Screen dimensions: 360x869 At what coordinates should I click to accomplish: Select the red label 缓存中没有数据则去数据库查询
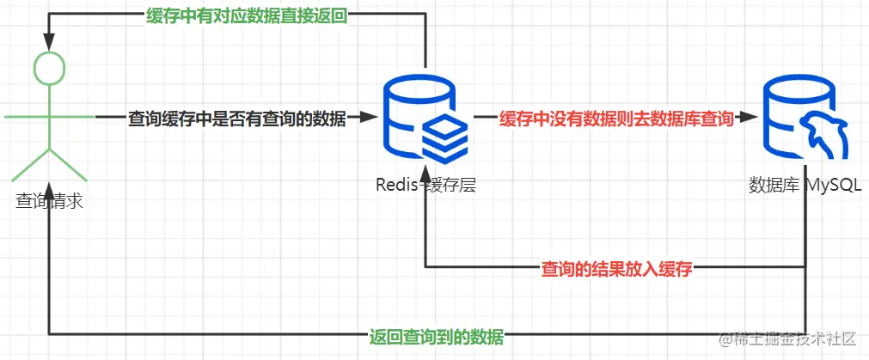pos(615,119)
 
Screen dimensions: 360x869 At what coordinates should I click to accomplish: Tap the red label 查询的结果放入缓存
pos(616,268)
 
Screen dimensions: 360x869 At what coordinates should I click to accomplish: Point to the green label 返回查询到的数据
pos(436,335)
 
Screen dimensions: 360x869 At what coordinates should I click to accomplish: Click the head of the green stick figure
pos(49,65)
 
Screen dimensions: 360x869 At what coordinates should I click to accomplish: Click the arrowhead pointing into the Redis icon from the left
pos(370,119)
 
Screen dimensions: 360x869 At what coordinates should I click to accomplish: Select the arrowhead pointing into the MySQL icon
pos(749,119)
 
